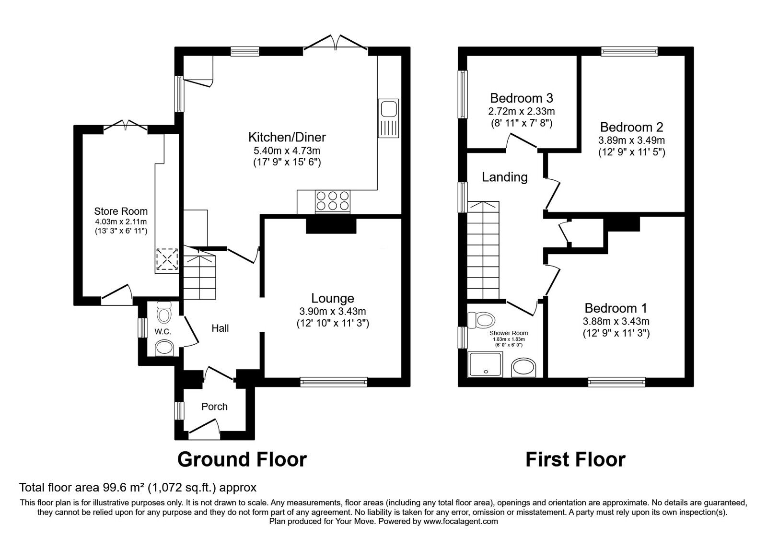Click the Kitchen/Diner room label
(x=287, y=137)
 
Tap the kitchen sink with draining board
(x=388, y=118)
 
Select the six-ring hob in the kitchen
(x=333, y=201)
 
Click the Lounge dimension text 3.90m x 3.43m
(x=333, y=311)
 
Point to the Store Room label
(x=121, y=211)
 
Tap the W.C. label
(x=163, y=331)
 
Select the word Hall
(x=220, y=328)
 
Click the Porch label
(x=214, y=407)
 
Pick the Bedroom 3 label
(x=522, y=98)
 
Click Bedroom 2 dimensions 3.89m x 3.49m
(x=631, y=140)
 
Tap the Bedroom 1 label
(x=616, y=308)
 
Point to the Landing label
(x=505, y=177)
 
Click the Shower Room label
(x=509, y=333)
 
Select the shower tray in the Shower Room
(x=486, y=364)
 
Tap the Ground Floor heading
(x=242, y=460)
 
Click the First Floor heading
(x=575, y=460)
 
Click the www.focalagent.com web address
(x=461, y=521)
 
